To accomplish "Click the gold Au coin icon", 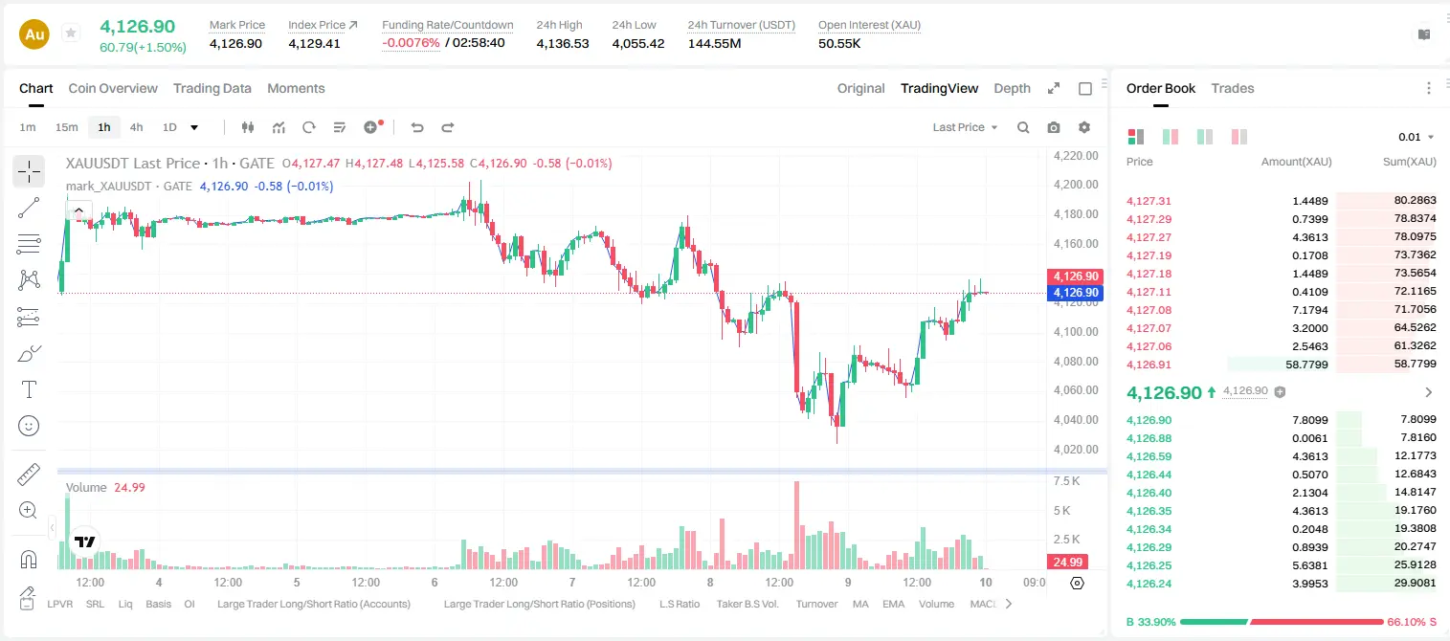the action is pos(34,34).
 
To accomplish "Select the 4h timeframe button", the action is pos(136,127).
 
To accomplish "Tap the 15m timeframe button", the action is pos(67,127).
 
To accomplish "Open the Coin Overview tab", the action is pos(113,88).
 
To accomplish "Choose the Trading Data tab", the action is pos(212,88).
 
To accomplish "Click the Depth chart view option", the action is pos(1012,88).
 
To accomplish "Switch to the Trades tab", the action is pos(1233,88).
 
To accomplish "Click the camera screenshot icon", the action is pos(1054,127).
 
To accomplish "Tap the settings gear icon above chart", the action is pos(1084,127).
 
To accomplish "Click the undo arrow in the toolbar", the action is pos(417,127).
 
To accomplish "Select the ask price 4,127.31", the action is pos(1149,201).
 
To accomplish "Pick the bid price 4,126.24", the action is pos(1149,584).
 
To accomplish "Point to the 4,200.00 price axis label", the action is pos(1076,185).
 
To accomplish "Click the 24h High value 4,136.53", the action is pos(563,43).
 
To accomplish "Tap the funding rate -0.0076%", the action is pos(411,43).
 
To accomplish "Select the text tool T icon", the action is pos(29,389).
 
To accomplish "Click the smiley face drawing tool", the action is pos(29,426).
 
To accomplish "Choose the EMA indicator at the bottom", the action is pos(893,604).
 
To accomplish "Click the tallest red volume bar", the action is pos(797,525).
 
